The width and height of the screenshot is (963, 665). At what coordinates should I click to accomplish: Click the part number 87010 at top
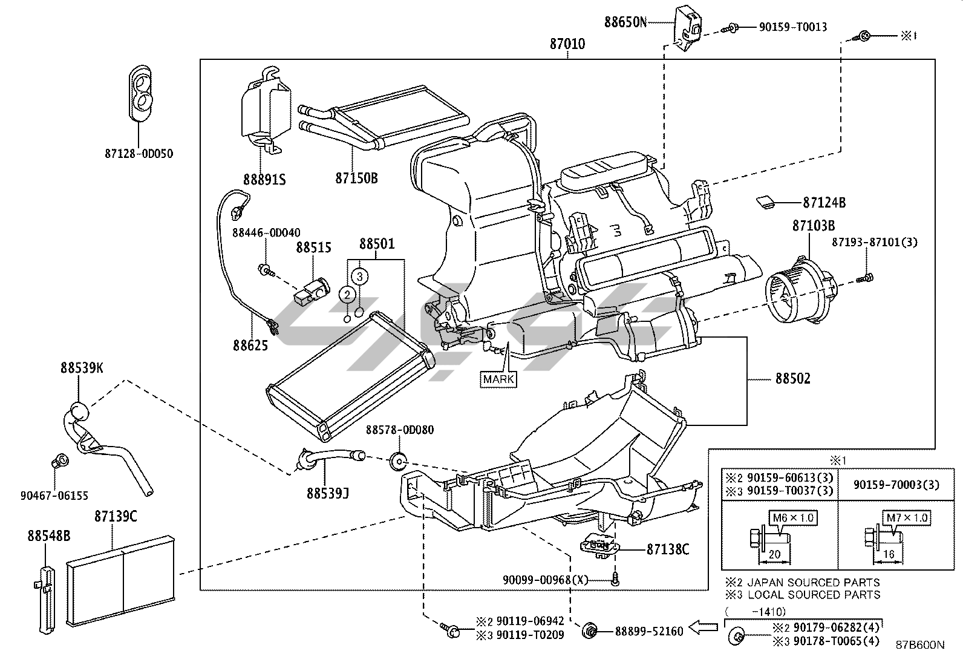point(567,44)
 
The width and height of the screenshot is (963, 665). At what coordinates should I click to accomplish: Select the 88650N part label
point(625,22)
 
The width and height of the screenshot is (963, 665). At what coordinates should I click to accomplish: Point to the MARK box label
point(499,379)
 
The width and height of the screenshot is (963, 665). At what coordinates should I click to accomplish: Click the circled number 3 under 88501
point(360,277)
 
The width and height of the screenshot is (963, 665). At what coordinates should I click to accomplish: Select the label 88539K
point(81,367)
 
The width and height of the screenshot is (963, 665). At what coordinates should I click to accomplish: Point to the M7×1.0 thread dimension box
point(907,518)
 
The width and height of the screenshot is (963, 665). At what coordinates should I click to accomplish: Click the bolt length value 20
point(774,554)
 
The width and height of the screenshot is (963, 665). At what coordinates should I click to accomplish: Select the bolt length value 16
point(889,554)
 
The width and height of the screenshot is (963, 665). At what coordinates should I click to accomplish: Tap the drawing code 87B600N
point(920,645)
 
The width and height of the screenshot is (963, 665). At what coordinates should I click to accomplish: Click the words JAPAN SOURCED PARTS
point(814,582)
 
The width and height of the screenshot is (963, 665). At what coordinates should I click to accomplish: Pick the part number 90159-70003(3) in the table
point(896,485)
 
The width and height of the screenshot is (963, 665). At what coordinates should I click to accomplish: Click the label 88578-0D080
point(399,430)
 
